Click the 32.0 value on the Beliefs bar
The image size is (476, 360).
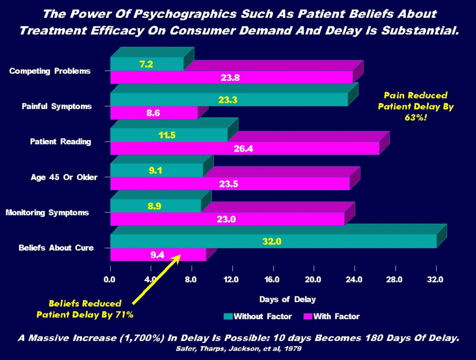point(272,242)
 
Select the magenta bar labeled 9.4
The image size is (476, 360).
point(157,255)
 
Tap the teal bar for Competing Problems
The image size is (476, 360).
point(147,64)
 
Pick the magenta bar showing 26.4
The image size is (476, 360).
point(245,148)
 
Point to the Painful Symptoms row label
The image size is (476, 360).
point(57,106)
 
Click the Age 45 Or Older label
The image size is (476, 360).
point(64,177)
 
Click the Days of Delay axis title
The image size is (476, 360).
point(288,299)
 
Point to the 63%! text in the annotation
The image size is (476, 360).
point(416,117)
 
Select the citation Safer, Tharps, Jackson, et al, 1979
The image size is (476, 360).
point(238,348)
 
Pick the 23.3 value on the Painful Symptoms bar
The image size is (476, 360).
point(228,100)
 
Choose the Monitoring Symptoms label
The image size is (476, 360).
point(47,213)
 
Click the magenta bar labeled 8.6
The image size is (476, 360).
point(154,113)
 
